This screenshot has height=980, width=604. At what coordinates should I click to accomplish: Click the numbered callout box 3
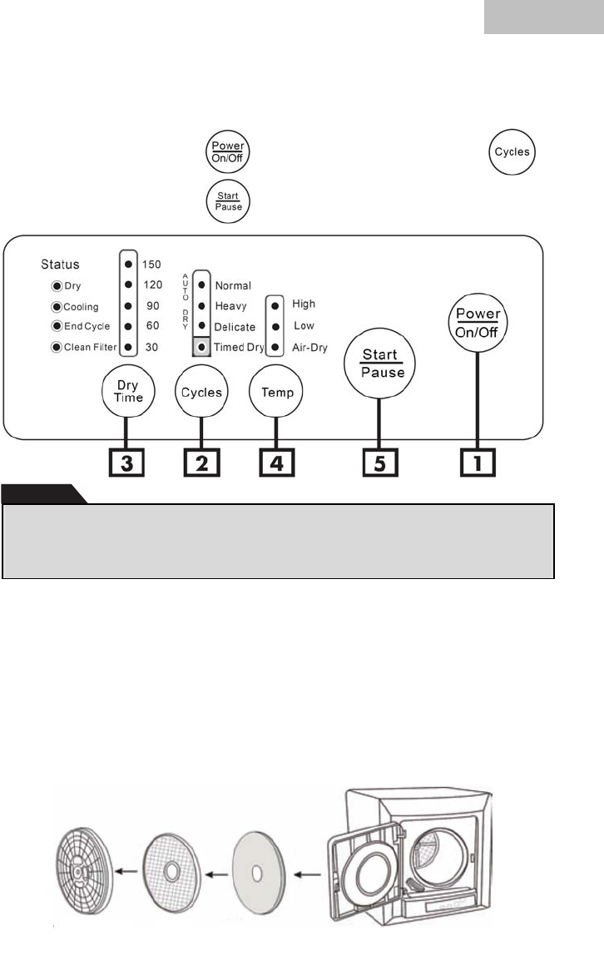point(126,461)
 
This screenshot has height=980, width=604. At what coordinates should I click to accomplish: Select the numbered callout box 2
point(201,461)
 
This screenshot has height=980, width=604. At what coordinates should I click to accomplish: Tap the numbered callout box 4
point(276,461)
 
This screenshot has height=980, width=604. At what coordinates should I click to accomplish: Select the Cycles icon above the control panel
point(512,153)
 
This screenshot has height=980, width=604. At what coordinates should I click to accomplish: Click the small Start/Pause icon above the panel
point(230,202)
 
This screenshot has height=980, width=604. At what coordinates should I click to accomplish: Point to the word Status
point(60,265)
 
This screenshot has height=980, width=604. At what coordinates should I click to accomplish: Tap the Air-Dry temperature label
point(309,348)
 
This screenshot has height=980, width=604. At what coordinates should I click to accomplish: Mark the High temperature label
point(304,304)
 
